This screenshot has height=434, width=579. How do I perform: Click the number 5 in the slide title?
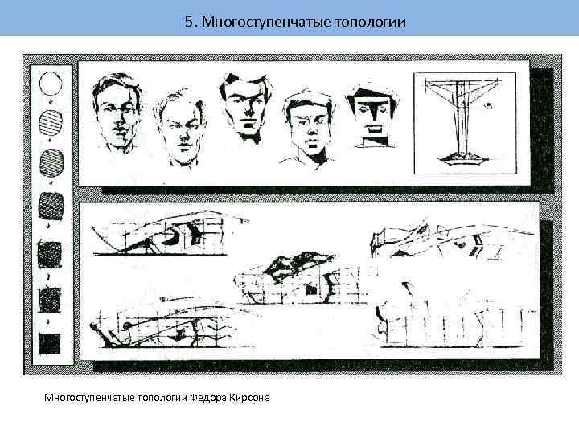point(189,22)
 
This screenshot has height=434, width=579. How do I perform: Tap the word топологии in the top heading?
point(371,23)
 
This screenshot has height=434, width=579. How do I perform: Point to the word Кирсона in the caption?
point(249,398)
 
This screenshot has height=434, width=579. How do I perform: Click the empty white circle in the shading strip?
point(51,84)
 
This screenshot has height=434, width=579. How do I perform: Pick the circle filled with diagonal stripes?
point(51,122)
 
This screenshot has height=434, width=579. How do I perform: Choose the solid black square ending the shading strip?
point(50,344)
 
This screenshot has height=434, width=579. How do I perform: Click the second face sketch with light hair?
point(180,129)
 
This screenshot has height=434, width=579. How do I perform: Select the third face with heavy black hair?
point(245,107)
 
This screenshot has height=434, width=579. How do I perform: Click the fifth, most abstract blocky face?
point(373,117)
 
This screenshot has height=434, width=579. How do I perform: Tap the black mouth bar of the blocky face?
point(375,129)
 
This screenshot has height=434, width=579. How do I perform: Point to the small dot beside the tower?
point(489,105)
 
